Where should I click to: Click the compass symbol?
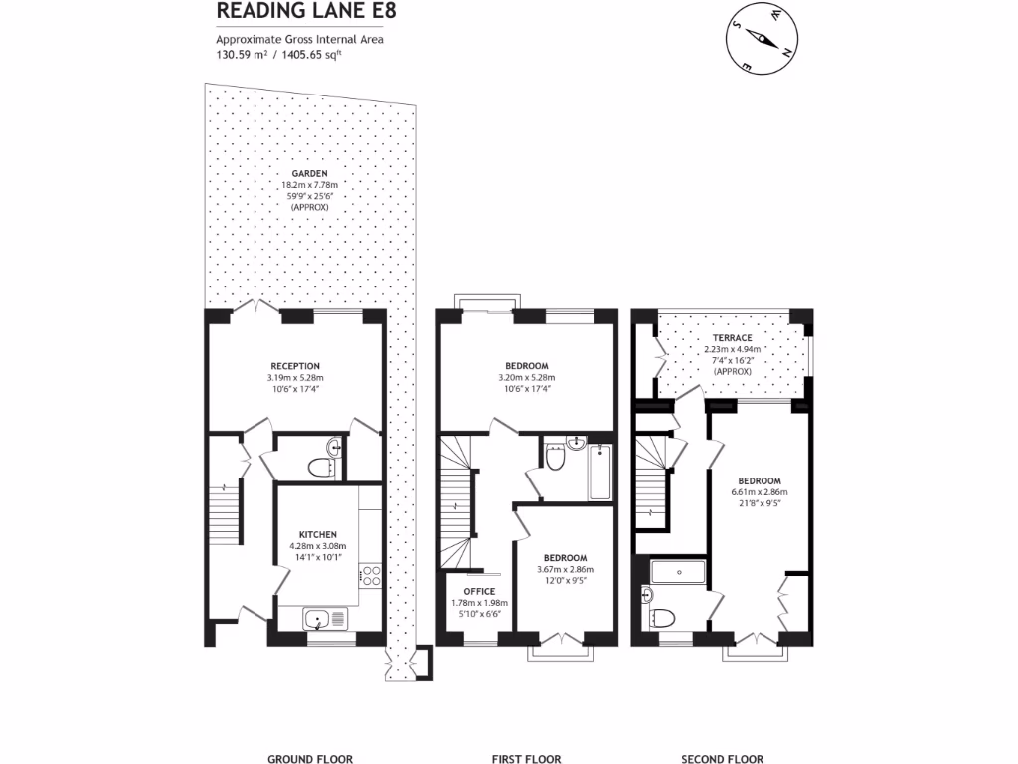tap(763, 37)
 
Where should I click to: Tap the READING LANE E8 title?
tap(306, 10)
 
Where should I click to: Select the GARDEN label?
tap(310, 173)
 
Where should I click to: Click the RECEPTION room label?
tap(295, 366)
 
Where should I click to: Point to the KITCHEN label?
tap(318, 534)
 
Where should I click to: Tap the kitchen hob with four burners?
tap(371, 576)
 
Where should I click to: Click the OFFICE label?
tap(479, 591)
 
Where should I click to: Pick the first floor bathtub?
tap(599, 473)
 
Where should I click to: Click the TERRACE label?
tap(733, 338)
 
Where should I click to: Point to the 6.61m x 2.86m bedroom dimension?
tap(760, 492)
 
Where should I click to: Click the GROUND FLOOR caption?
tap(310, 758)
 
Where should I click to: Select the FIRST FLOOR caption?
tap(527, 758)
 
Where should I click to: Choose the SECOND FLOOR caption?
tap(723, 758)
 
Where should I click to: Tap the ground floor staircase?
tap(225, 512)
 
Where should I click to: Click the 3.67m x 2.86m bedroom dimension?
tap(565, 570)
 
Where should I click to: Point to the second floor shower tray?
tap(678, 572)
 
